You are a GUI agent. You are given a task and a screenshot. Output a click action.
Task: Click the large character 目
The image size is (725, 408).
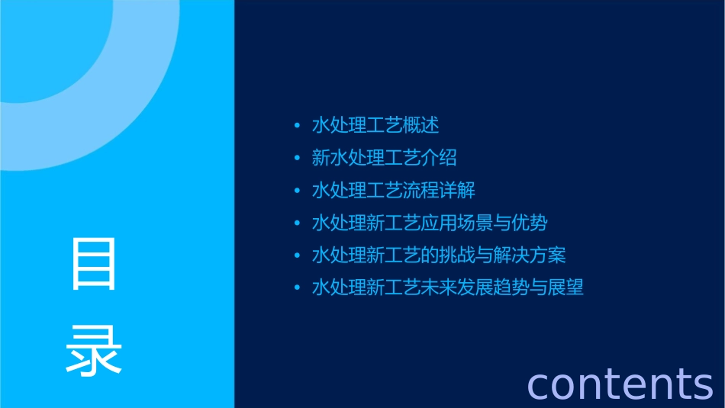click(94, 264)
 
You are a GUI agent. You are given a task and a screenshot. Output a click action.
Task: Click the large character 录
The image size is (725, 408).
click(94, 350)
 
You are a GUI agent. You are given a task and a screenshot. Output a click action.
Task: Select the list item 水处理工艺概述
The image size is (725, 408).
click(375, 125)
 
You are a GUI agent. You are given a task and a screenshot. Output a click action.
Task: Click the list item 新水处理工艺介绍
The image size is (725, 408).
click(384, 158)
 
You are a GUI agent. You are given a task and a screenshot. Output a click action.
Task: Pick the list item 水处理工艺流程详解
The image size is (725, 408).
click(393, 191)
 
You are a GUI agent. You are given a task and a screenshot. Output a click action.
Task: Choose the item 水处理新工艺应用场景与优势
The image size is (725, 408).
click(430, 223)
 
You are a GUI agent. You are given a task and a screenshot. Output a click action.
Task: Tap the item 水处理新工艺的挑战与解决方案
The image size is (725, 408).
click(439, 255)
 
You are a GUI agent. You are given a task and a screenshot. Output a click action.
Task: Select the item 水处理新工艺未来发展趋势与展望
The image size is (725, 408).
click(448, 288)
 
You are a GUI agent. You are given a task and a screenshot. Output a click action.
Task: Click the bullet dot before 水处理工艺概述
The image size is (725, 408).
click(298, 126)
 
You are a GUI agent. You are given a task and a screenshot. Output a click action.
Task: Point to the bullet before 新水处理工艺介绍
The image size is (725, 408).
click(298, 159)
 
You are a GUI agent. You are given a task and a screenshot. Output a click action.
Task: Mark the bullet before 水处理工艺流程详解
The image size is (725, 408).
click(298, 191)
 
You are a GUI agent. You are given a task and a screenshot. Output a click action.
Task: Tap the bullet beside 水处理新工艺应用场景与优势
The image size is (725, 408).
click(298, 224)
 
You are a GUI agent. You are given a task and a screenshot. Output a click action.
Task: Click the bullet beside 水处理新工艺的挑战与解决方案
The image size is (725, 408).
click(298, 256)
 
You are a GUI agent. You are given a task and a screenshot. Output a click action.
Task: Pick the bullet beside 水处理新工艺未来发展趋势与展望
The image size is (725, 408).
click(298, 289)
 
